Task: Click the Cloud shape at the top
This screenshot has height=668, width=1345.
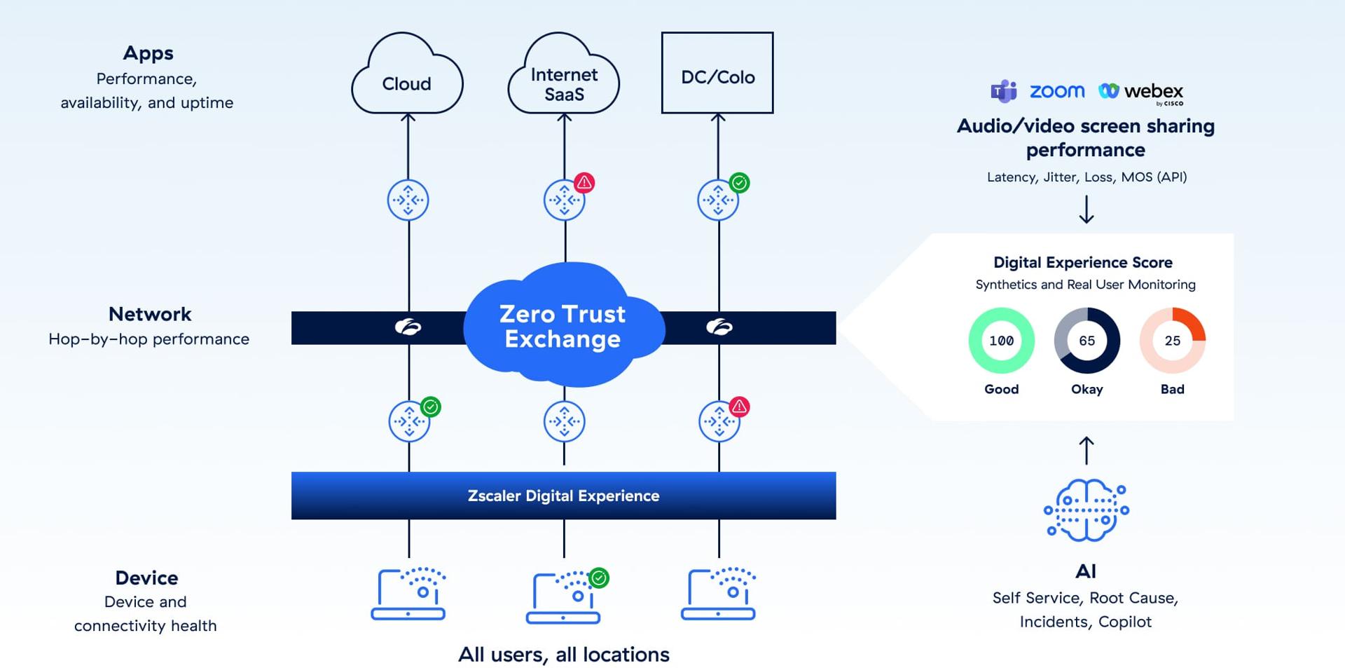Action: [407, 77]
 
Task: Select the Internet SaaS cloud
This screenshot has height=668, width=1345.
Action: [564, 79]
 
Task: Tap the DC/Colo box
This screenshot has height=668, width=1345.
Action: [717, 73]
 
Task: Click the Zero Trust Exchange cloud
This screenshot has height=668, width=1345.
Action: [563, 326]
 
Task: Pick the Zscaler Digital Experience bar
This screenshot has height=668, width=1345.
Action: [563, 496]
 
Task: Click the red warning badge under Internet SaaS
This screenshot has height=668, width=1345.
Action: [584, 183]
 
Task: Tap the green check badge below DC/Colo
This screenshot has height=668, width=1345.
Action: [739, 183]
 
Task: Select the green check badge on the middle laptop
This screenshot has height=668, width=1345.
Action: [599, 578]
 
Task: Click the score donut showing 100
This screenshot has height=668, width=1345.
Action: [1001, 341]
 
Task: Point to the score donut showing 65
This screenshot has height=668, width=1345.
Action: [1087, 341]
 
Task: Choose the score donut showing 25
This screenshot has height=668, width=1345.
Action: [1172, 341]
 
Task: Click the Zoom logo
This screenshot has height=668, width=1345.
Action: [1056, 91]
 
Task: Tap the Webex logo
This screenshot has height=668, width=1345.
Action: [1141, 92]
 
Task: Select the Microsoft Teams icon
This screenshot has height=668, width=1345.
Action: [1003, 91]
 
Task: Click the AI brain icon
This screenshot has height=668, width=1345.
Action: [1086, 510]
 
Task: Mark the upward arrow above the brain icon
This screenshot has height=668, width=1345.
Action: [1086, 450]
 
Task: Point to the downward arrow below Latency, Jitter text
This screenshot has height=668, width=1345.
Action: [1086, 209]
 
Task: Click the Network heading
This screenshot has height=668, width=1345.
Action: [149, 314]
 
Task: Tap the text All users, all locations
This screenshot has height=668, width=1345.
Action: [563, 654]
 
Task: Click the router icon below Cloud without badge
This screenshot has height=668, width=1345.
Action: [408, 200]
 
